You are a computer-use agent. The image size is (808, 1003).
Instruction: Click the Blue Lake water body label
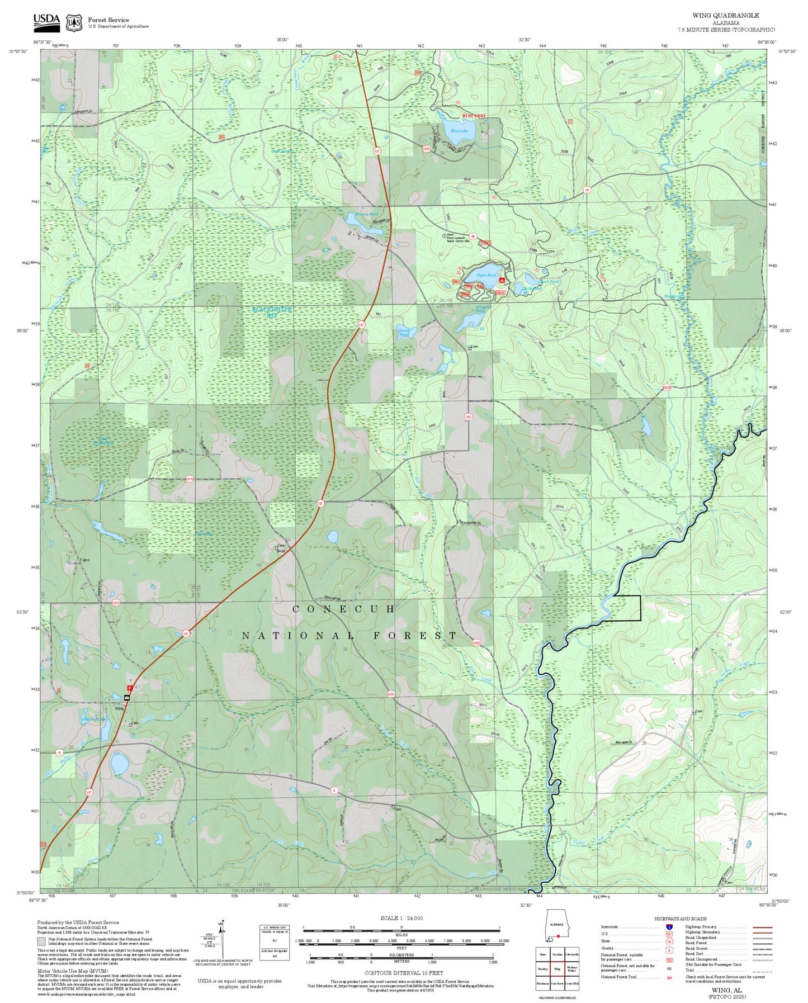pos(459,131)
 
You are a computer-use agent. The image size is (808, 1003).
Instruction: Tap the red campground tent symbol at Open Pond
pos(502,279)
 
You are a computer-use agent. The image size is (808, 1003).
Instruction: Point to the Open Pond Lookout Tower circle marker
pos(445,236)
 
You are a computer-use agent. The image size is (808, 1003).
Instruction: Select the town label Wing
pos(119,708)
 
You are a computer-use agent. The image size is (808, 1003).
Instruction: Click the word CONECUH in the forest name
pos(344,609)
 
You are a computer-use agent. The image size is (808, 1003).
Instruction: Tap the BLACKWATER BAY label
pos(272,312)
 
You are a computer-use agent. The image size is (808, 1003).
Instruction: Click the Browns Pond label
pos(366,215)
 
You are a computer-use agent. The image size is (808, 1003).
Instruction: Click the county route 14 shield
pos(587,190)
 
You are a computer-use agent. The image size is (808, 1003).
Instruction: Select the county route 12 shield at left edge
pos(59,753)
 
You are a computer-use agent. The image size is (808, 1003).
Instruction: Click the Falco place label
pos(69,560)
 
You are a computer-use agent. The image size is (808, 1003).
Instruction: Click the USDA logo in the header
pos(46,20)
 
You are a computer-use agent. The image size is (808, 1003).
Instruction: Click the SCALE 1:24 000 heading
pos(401,918)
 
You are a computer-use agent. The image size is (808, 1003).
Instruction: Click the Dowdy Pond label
pos(404,332)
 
